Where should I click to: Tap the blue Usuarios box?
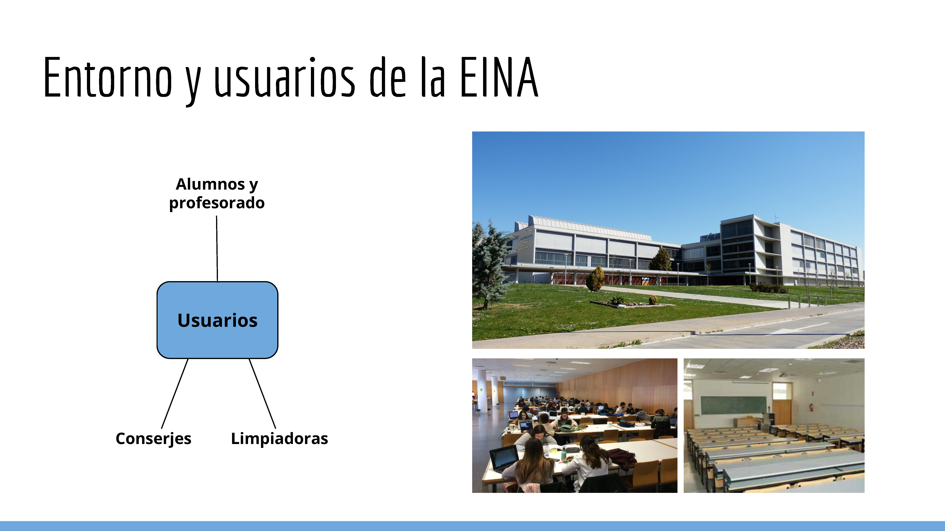217,320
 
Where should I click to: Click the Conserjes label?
153,439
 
